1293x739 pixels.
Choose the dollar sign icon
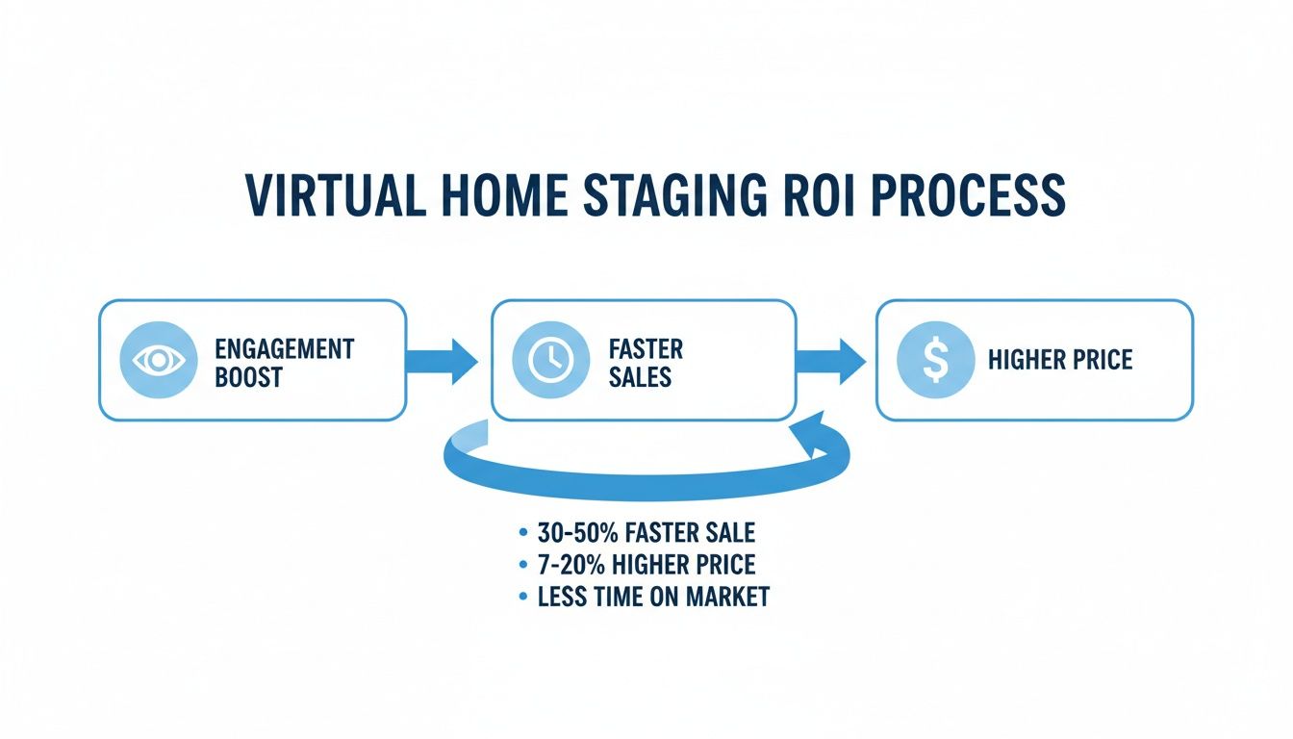click(x=934, y=360)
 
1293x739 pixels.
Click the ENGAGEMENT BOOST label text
click(x=285, y=362)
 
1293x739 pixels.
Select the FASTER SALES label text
click(x=646, y=362)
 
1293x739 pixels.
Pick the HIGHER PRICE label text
click(x=1059, y=360)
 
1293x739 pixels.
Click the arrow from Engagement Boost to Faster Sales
click(x=443, y=360)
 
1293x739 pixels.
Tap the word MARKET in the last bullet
click(x=727, y=597)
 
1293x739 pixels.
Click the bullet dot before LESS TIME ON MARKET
click(x=522, y=598)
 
